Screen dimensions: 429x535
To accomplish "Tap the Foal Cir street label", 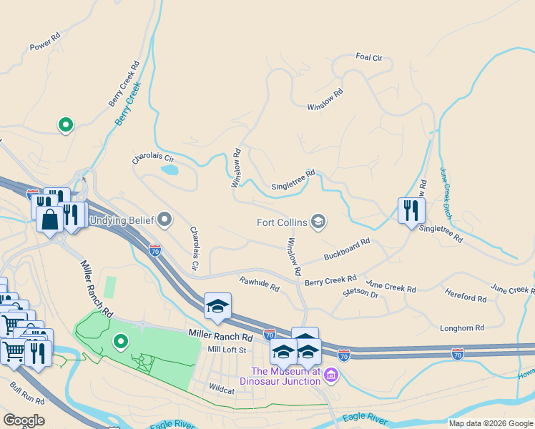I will coord(369,57).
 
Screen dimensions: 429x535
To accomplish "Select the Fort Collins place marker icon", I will coord(318,222).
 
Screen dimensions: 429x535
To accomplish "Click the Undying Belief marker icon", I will coord(165,219).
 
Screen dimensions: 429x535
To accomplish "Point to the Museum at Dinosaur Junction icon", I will coord(330,375).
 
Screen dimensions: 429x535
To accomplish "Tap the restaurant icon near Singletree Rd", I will coord(411,210).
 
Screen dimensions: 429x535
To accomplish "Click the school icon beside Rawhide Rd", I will coord(217,306).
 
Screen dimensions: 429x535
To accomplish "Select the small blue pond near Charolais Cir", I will coord(170,170).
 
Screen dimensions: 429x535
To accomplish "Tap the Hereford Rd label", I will coord(465,297).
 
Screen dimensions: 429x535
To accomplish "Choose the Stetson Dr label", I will coord(360,292).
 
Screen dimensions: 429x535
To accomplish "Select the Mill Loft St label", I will coord(227,350).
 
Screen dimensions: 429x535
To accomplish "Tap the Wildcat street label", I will coord(221,390).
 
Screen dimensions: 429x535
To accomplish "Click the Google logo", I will coord(24,420).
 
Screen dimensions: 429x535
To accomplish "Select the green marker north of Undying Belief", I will coord(66,125).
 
